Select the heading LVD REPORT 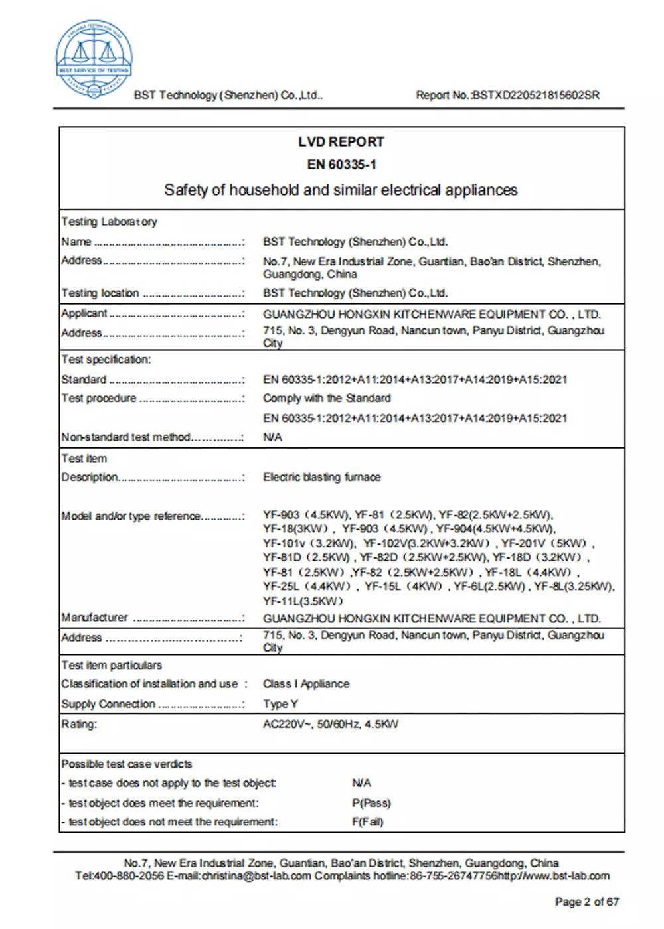click(x=341, y=142)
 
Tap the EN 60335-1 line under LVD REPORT click(x=341, y=165)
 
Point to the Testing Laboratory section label click(x=110, y=222)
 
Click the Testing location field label click(x=100, y=293)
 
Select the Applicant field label click(x=84, y=313)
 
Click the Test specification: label click(x=106, y=360)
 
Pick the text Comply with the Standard click(x=327, y=398)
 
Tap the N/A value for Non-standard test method click(x=272, y=437)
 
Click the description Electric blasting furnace click(x=321, y=477)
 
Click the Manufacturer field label click(x=94, y=618)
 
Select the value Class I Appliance click(x=305, y=684)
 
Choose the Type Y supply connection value click(x=280, y=704)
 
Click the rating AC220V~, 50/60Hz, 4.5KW click(x=330, y=724)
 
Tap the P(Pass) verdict click(x=371, y=803)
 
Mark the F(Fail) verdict click(x=367, y=822)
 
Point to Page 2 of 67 click(x=587, y=902)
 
